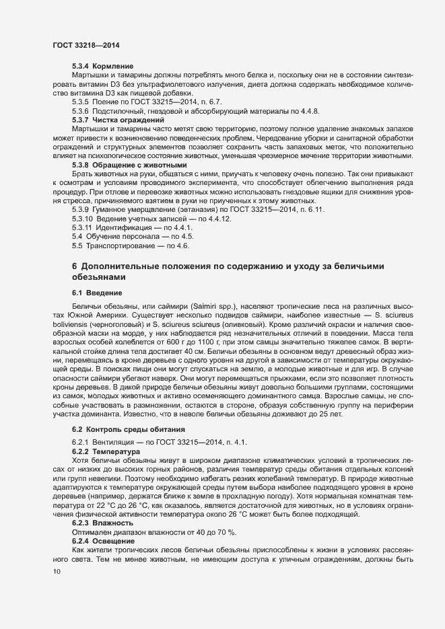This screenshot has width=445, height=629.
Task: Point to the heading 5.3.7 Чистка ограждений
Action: click(x=108, y=118)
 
